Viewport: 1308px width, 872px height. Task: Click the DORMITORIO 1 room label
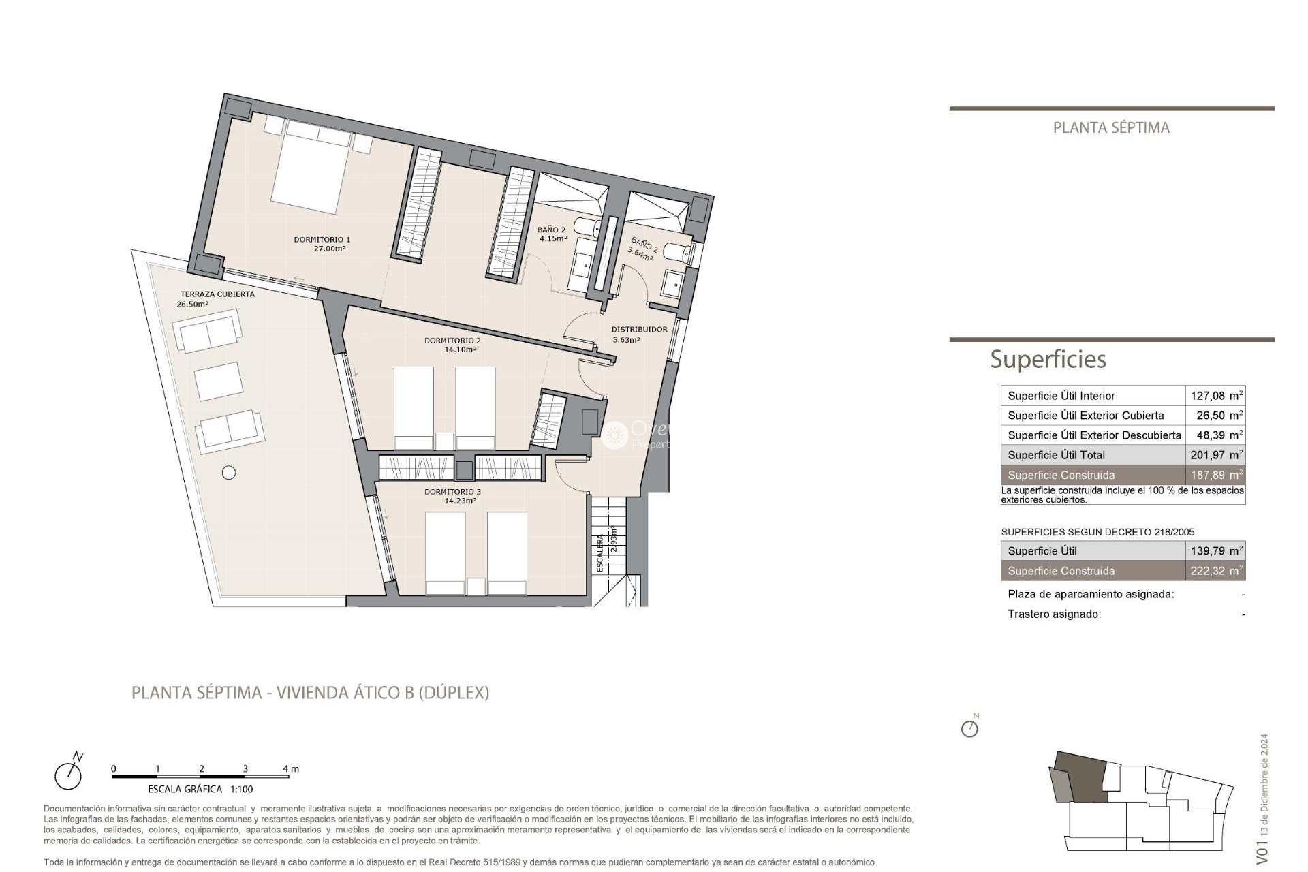[322, 240]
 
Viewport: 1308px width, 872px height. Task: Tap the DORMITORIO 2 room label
[452, 341]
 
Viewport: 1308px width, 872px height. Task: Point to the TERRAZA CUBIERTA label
[217, 294]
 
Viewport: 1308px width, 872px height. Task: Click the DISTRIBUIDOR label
[639, 330]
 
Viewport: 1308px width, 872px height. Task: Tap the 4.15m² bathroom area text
[552, 239]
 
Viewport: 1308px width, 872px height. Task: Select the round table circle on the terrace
[229, 472]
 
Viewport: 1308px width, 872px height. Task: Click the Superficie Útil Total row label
[1056, 455]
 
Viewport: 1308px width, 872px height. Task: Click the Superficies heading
[1048, 359]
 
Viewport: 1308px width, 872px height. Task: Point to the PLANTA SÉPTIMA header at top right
[1111, 127]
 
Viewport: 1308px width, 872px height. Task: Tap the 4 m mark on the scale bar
[290, 768]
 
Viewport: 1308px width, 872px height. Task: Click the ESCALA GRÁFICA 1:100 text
[200, 790]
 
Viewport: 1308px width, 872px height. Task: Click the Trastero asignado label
[1054, 614]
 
